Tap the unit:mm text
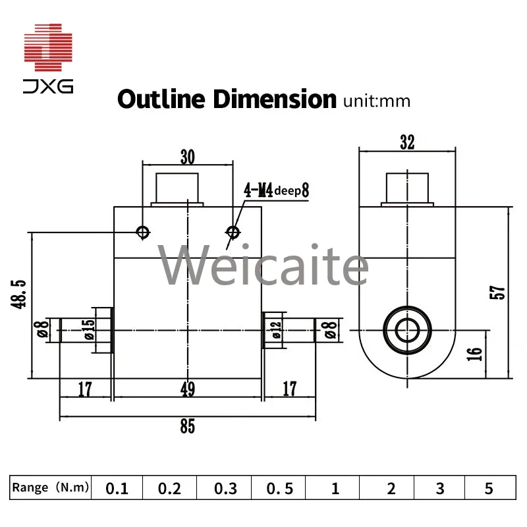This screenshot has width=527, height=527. click(377, 101)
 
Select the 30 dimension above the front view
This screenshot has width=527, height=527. click(188, 157)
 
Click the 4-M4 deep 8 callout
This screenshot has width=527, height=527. click(276, 191)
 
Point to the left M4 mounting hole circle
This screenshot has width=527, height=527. click(143, 231)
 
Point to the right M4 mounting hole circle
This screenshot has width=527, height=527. click(232, 231)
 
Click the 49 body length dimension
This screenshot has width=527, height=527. click(188, 391)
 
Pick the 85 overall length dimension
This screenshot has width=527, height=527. click(188, 426)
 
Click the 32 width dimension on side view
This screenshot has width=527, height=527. click(407, 142)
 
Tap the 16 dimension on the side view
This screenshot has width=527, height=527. click(477, 354)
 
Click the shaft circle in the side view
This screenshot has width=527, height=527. click(408, 327)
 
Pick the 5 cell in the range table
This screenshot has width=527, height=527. click(488, 489)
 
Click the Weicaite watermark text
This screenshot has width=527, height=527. click(263, 265)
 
